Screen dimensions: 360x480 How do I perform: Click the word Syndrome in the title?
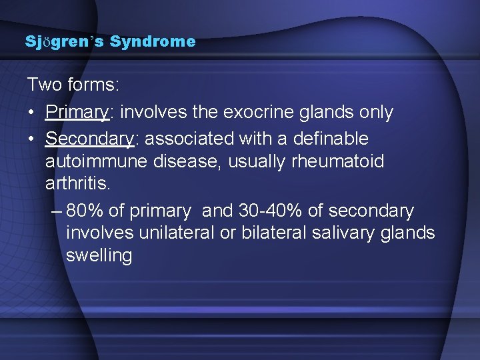coord(153,42)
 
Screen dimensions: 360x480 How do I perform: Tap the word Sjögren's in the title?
coord(65,42)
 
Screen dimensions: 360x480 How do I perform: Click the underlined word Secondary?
coord(89,139)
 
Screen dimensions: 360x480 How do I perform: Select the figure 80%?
coord(85,211)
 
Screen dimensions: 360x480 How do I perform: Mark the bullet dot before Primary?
coord(32,113)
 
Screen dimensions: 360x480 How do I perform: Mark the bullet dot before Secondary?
coord(32,139)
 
